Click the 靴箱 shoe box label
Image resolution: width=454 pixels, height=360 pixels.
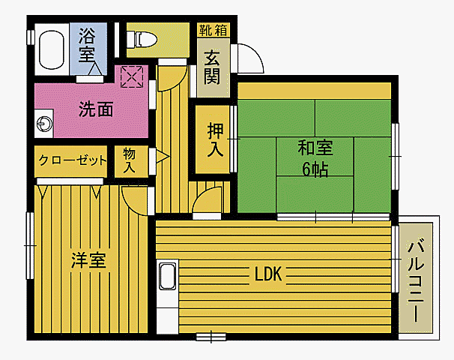click(214, 30)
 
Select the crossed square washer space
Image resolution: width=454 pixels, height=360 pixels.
click(132, 76)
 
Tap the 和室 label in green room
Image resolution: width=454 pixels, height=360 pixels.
click(315, 146)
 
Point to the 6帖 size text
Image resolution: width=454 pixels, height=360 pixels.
click(315, 169)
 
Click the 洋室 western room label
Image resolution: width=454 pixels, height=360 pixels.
click(88, 260)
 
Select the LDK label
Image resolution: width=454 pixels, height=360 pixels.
click(267, 274)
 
